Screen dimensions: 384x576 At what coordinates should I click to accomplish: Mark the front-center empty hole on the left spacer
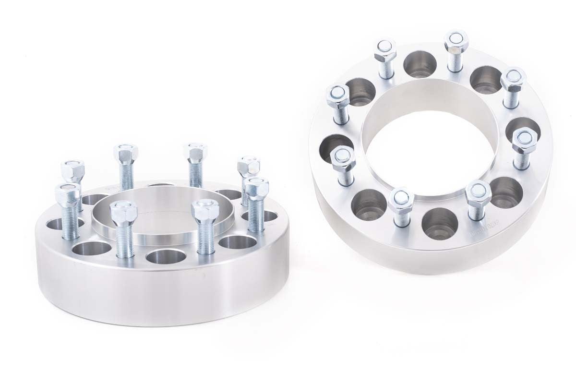[166, 256]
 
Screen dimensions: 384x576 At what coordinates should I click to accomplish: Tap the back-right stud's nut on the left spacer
[249, 165]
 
